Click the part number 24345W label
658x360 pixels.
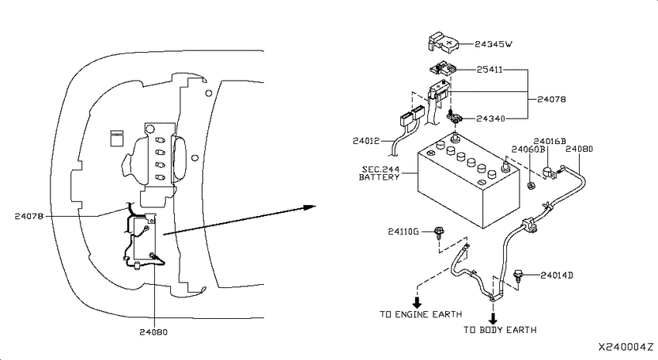pos(494,44)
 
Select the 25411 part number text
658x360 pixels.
pos(489,70)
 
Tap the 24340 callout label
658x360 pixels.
pos(491,118)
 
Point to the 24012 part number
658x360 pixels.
pos(366,141)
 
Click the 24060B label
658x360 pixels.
pos(528,149)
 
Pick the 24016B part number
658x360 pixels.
pos(550,141)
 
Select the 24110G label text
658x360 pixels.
pos(403,231)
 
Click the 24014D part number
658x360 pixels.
pos(557,276)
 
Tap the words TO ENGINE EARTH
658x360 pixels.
pos(421,314)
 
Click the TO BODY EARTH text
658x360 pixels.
pos(500,330)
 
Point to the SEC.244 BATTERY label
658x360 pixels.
pos(380,173)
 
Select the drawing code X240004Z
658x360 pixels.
pos(625,348)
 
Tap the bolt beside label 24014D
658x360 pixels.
pos(519,276)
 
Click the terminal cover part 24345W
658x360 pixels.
pos(443,42)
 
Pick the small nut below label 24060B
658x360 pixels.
pos(530,185)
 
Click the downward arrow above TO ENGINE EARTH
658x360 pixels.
pos(417,302)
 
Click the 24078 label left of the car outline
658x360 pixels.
pos(29,217)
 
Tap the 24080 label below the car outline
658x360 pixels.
pos(153,332)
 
